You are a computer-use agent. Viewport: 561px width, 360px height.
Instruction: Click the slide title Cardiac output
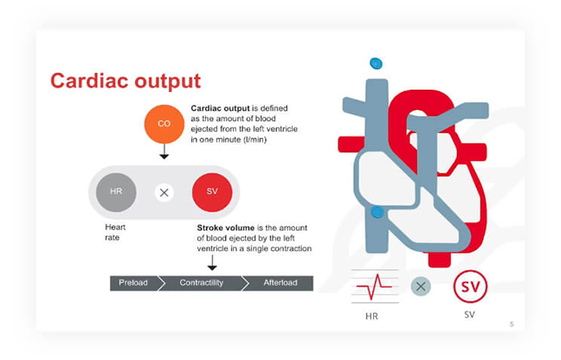(125, 81)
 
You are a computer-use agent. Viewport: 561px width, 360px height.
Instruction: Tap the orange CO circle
(164, 124)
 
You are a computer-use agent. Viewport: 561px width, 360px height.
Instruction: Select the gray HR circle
(116, 191)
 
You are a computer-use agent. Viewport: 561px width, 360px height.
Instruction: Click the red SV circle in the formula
(211, 191)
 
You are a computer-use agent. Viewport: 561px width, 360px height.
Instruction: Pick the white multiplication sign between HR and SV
(164, 192)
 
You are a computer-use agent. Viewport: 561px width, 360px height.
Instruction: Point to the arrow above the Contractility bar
(211, 263)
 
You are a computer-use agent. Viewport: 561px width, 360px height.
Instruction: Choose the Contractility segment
(202, 283)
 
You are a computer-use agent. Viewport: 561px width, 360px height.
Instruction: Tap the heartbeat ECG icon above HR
(371, 286)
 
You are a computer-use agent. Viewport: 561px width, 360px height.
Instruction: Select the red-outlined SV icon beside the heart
(470, 286)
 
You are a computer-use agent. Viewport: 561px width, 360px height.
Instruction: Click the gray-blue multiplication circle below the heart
(421, 286)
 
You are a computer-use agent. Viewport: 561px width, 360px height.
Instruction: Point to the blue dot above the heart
(376, 63)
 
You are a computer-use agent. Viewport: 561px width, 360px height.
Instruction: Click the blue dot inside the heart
(377, 212)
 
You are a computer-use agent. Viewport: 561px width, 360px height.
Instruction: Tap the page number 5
(511, 324)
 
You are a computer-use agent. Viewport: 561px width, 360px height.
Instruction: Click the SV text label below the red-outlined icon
(470, 315)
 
